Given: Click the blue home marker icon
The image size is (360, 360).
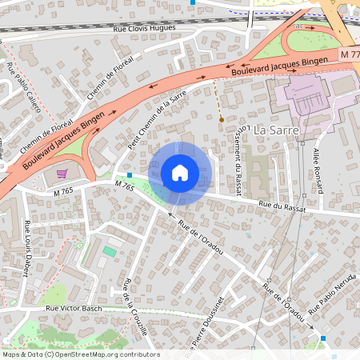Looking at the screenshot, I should [180, 173].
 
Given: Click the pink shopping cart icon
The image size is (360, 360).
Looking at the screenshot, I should [62, 172].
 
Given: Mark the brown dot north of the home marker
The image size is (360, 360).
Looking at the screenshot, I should [222, 119].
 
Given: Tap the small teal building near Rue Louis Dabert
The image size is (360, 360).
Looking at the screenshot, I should [109, 251].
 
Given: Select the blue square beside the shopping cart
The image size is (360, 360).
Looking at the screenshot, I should [130, 174].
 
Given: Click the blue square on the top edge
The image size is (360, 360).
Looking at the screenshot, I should [192, 2].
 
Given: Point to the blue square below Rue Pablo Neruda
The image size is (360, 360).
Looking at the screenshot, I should [323, 338].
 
